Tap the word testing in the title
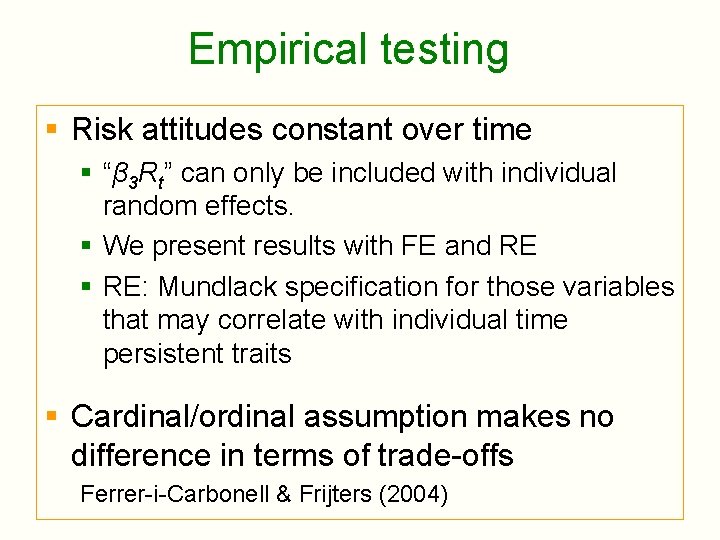441,49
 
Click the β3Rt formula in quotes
139,174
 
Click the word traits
262,354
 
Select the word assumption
379,417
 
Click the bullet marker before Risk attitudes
53,130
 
